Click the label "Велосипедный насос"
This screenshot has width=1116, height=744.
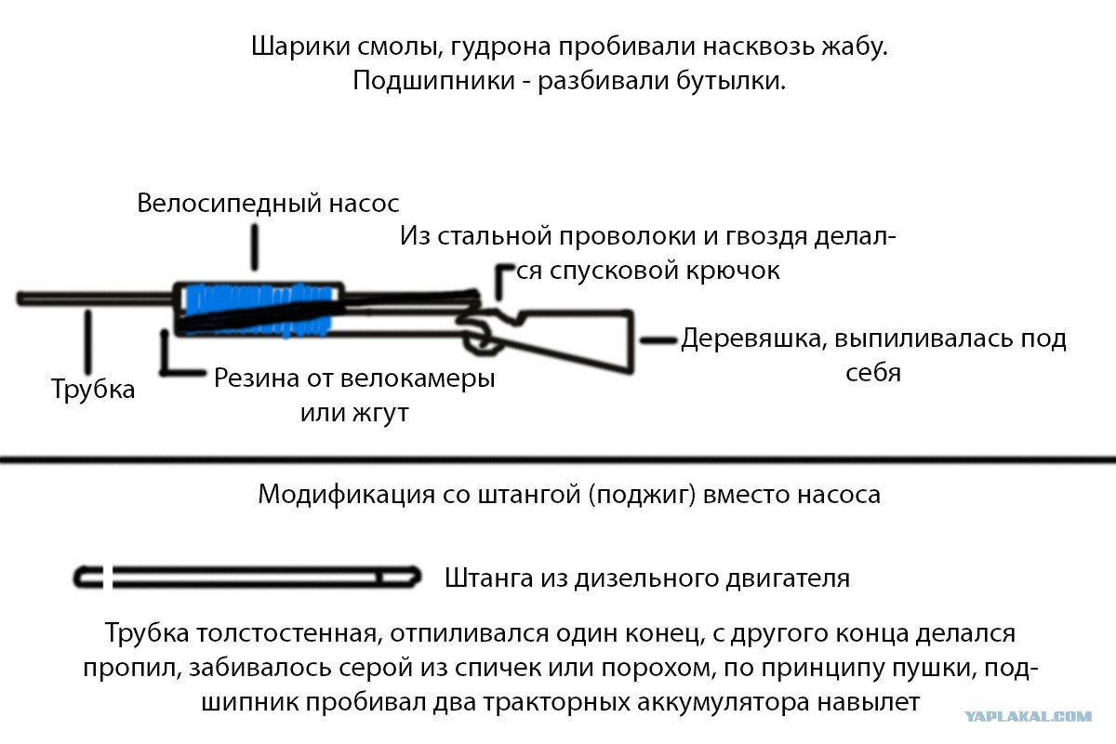[x=268, y=204]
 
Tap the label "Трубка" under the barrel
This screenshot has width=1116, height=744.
[x=93, y=389]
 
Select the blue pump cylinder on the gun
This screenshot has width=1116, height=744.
[x=259, y=309]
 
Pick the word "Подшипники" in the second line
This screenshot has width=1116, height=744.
[x=434, y=81]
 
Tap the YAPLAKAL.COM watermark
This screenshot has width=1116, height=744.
[x=1029, y=717]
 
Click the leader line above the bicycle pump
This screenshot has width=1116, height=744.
[x=255, y=247]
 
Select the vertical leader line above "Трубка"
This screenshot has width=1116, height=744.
[x=88, y=343]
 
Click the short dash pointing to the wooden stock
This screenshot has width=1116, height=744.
[x=658, y=341]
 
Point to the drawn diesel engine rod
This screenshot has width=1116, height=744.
[x=247, y=577]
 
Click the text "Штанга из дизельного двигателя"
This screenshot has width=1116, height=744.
[x=647, y=578]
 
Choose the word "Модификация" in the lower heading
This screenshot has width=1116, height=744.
[x=347, y=495]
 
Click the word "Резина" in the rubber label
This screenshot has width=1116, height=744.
[x=257, y=379]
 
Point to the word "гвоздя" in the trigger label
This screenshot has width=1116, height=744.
[x=766, y=236]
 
